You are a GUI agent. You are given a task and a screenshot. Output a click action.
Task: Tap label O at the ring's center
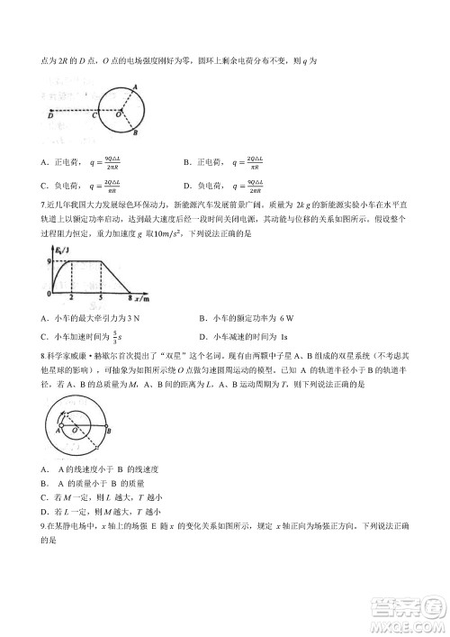pos(122,114)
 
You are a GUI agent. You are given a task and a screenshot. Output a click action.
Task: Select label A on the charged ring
pos(135,86)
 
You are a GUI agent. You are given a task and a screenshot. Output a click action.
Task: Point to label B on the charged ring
pos(134,133)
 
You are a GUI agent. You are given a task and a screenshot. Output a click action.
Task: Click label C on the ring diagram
pos(96,114)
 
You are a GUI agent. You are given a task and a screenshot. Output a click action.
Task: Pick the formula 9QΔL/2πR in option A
pos(113,164)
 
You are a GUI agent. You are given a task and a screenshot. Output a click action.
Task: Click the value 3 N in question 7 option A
pos(133,318)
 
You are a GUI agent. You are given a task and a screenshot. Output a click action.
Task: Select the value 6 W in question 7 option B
pos(287,318)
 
